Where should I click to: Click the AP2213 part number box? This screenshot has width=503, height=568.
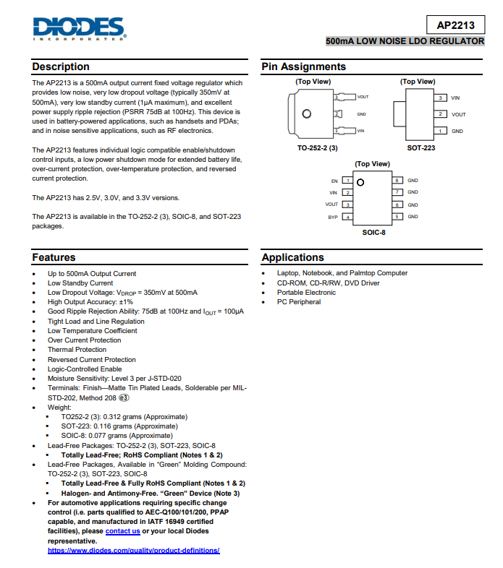[455, 25]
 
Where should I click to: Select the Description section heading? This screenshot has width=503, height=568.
[61, 66]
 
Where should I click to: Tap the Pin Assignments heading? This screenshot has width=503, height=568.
[304, 66]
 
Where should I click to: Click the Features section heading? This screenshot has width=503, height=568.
[54, 257]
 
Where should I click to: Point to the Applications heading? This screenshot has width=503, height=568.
[293, 257]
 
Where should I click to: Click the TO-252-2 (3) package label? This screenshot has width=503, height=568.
[318, 147]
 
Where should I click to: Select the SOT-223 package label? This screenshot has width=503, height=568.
[421, 147]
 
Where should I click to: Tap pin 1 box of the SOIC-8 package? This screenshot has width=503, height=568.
[348, 180]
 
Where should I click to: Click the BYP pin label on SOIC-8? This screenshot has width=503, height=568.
[333, 217]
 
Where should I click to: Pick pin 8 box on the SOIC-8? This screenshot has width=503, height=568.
[397, 180]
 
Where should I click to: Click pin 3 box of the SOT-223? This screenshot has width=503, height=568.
[440, 98]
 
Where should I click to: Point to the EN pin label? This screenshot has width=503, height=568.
[334, 180]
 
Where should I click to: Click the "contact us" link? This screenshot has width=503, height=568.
[122, 531]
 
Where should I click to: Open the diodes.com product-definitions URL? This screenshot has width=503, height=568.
[134, 551]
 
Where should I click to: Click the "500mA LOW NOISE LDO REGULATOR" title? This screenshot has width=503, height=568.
[405, 42]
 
